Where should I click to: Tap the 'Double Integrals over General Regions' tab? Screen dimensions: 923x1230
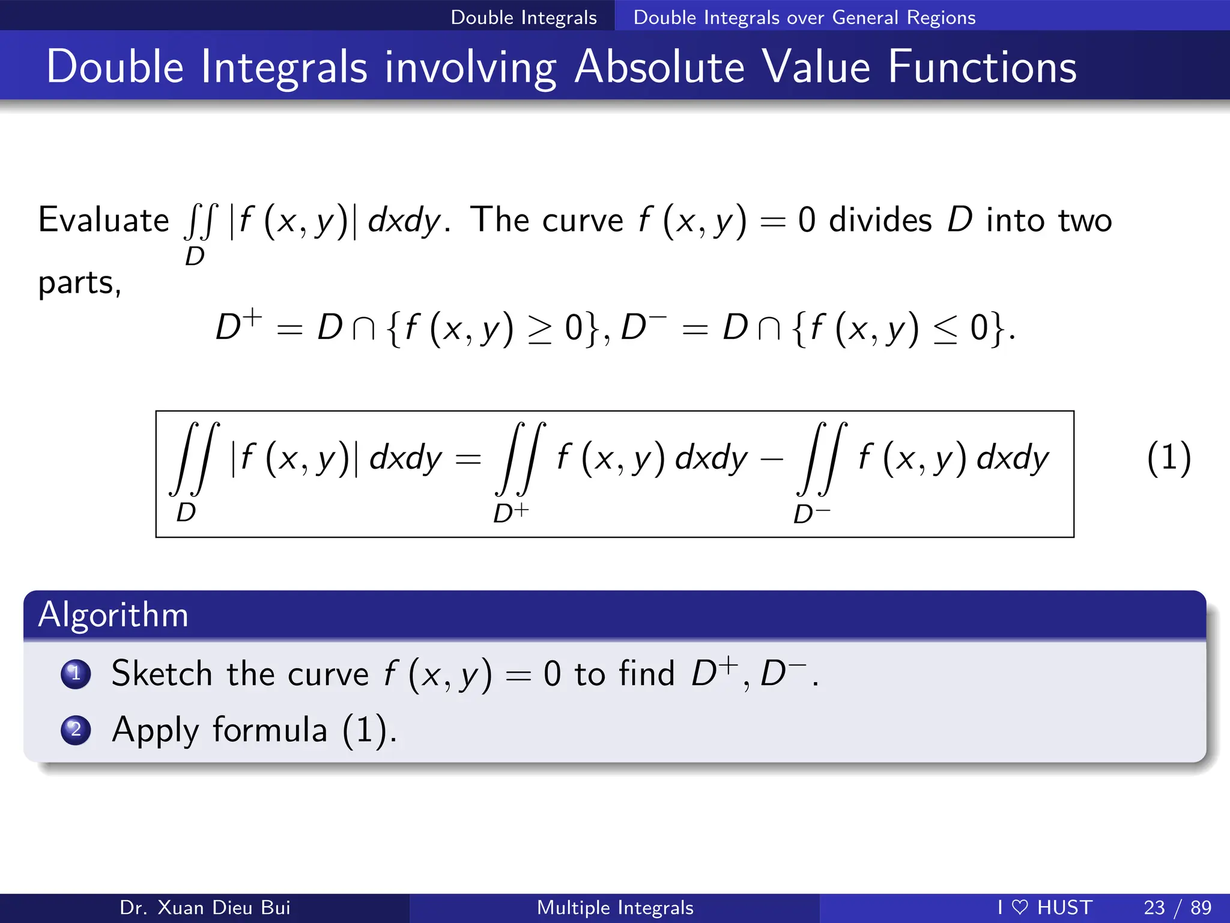pyautogui.click(x=804, y=17)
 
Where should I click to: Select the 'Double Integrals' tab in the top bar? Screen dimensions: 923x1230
pyautogui.click(x=524, y=17)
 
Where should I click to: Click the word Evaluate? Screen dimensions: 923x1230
pyautogui.click(x=103, y=220)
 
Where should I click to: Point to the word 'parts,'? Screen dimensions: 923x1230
pyautogui.click(x=79, y=282)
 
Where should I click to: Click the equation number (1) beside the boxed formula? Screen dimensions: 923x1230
pyautogui.click(x=1169, y=458)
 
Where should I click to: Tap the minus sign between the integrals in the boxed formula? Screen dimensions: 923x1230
pyautogui.click(x=772, y=460)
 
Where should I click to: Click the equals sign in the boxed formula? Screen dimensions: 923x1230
pyautogui.click(x=468, y=460)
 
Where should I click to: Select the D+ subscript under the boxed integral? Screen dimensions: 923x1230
pyautogui.click(x=510, y=513)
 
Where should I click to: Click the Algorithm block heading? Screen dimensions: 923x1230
pyautogui.click(x=114, y=615)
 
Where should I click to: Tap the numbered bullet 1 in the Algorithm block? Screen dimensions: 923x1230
pyautogui.click(x=76, y=674)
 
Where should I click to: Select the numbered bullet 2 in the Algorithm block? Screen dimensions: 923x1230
pyautogui.click(x=76, y=730)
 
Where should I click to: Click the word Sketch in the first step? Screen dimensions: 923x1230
pyautogui.click(x=162, y=674)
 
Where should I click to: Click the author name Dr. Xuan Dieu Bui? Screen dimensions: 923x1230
pyautogui.click(x=205, y=907)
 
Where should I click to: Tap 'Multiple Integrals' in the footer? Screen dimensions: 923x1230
pyautogui.click(x=615, y=907)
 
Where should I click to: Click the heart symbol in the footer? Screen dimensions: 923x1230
pyautogui.click(x=1020, y=907)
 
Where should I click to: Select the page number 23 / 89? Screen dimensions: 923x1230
pyautogui.click(x=1177, y=907)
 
